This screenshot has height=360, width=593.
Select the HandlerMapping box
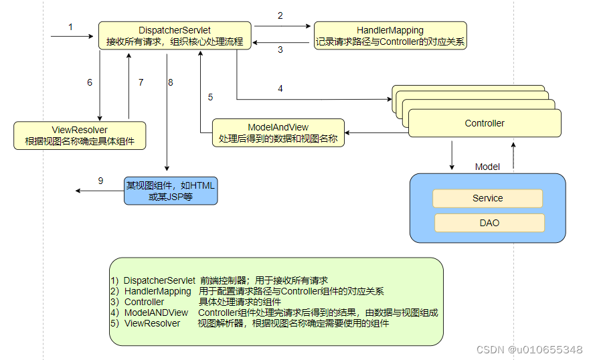coord(390,36)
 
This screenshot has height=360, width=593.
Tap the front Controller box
coord(485,124)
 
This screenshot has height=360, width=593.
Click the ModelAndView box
coord(278,133)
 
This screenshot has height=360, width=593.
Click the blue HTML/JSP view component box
coord(171,191)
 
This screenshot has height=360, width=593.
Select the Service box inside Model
coord(487,198)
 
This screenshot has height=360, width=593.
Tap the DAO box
coord(489,223)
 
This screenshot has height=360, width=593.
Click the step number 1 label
coord(70,27)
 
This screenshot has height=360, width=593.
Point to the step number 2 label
coord(280,15)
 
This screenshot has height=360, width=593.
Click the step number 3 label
coord(280,50)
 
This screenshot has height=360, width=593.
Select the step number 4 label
coord(280,88)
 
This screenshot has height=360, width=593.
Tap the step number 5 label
coord(210,97)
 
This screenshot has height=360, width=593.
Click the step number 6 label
coord(90,82)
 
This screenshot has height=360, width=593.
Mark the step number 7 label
coord(141,82)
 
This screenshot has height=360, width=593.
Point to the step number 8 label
coord(171,82)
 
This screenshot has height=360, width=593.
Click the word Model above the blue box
coord(487,167)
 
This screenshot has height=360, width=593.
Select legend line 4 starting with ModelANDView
coord(274,312)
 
